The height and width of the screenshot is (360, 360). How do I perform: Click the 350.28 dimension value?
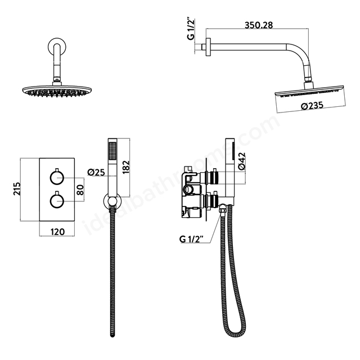pos(259,25)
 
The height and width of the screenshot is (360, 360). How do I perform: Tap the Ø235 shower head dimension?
pos(312,106)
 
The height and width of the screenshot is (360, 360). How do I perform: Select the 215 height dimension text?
pos(17,188)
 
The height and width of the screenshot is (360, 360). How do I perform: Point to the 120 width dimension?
pos(57,232)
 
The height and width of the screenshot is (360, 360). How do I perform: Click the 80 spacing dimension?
pos(80,190)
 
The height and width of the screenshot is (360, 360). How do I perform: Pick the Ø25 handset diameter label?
pos(96,172)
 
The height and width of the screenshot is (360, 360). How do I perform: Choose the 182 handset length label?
pos(126,167)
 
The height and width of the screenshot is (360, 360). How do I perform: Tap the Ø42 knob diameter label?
pos(242,161)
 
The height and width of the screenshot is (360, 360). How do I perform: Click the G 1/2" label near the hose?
pos(191,239)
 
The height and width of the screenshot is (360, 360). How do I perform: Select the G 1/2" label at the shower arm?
pos(191,29)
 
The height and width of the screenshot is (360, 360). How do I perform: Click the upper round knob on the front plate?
pos(57,178)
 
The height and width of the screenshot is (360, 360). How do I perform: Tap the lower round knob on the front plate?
pos(57,201)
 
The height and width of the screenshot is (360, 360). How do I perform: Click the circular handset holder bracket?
pos(112,201)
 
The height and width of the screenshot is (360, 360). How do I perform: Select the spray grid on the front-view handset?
pos(112,151)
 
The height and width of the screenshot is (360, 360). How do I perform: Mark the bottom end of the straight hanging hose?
pos(112,335)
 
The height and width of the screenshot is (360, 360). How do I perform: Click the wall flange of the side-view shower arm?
pos(208,47)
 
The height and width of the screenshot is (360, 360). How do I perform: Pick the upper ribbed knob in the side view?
pos(214,178)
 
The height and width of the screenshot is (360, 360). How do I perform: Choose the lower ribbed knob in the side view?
pos(214,201)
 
